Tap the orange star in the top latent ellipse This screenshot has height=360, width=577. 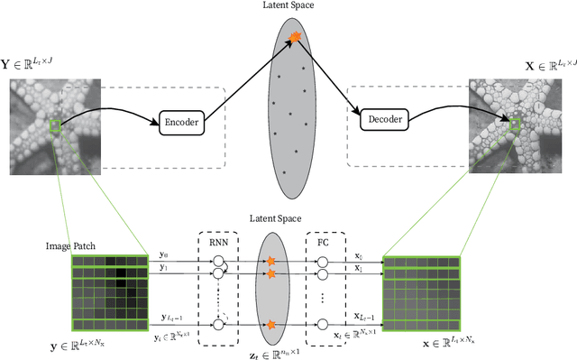click(294, 37)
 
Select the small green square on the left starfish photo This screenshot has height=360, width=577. click(57, 125)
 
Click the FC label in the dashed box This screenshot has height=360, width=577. click(324, 242)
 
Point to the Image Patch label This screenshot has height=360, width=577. click(71, 245)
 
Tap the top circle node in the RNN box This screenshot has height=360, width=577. click(217, 261)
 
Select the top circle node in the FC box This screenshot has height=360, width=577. click(323, 262)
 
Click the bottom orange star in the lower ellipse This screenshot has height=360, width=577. click(270, 324)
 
